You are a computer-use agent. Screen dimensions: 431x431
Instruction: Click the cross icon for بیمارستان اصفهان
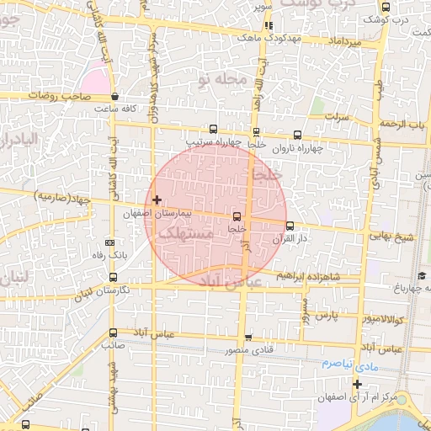[x=157, y=200]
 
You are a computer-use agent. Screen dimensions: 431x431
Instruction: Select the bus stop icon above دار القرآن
[x=290, y=226]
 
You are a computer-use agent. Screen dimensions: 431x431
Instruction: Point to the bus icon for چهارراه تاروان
[x=298, y=135]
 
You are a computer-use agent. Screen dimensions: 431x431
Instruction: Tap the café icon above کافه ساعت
[x=114, y=98]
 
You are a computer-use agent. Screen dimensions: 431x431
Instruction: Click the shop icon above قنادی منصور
[x=248, y=338]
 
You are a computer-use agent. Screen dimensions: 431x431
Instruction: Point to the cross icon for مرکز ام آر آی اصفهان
[x=357, y=384]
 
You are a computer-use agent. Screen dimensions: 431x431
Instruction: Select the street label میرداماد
[x=346, y=41]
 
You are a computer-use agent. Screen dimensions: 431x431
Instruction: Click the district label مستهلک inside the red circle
[x=186, y=236]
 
